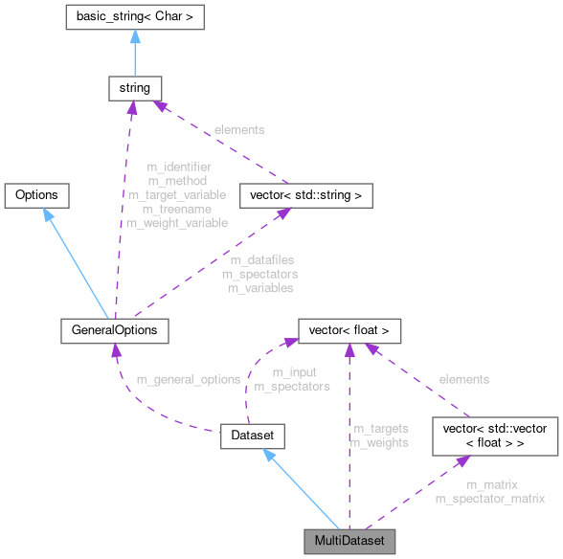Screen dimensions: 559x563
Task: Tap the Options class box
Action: [36, 195]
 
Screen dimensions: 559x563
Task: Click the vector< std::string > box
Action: [299, 195]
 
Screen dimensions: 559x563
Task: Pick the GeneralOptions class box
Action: [114, 330]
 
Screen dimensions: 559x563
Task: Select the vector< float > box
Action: [349, 330]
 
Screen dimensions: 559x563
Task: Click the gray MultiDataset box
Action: [349, 542]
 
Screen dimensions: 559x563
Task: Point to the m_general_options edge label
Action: [188, 379]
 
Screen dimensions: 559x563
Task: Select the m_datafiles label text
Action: [261, 259]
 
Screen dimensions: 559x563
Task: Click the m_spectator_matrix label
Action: [489, 499]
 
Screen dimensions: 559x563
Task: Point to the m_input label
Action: [294, 372]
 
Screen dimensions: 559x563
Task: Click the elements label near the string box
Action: [239, 128]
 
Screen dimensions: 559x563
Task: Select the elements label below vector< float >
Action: [463, 379]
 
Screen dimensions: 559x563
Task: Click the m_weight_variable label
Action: [177, 222]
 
